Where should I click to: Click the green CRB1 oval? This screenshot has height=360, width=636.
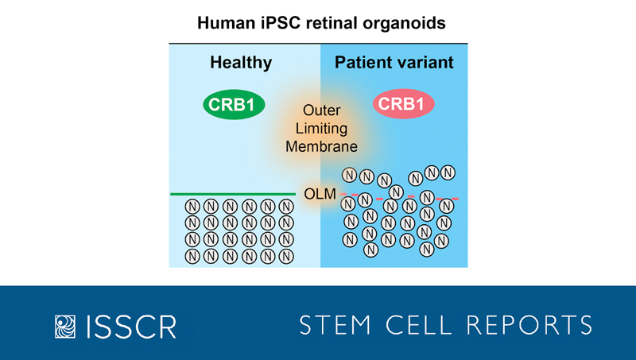coord(233,106)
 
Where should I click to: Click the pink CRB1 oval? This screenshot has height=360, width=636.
coord(400,106)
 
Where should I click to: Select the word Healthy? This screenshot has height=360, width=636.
coord(240,63)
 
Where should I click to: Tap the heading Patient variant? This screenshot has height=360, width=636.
coord(395,63)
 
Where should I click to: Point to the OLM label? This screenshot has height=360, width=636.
coord(320,193)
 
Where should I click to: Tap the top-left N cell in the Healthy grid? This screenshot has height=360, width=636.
coord(192,206)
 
